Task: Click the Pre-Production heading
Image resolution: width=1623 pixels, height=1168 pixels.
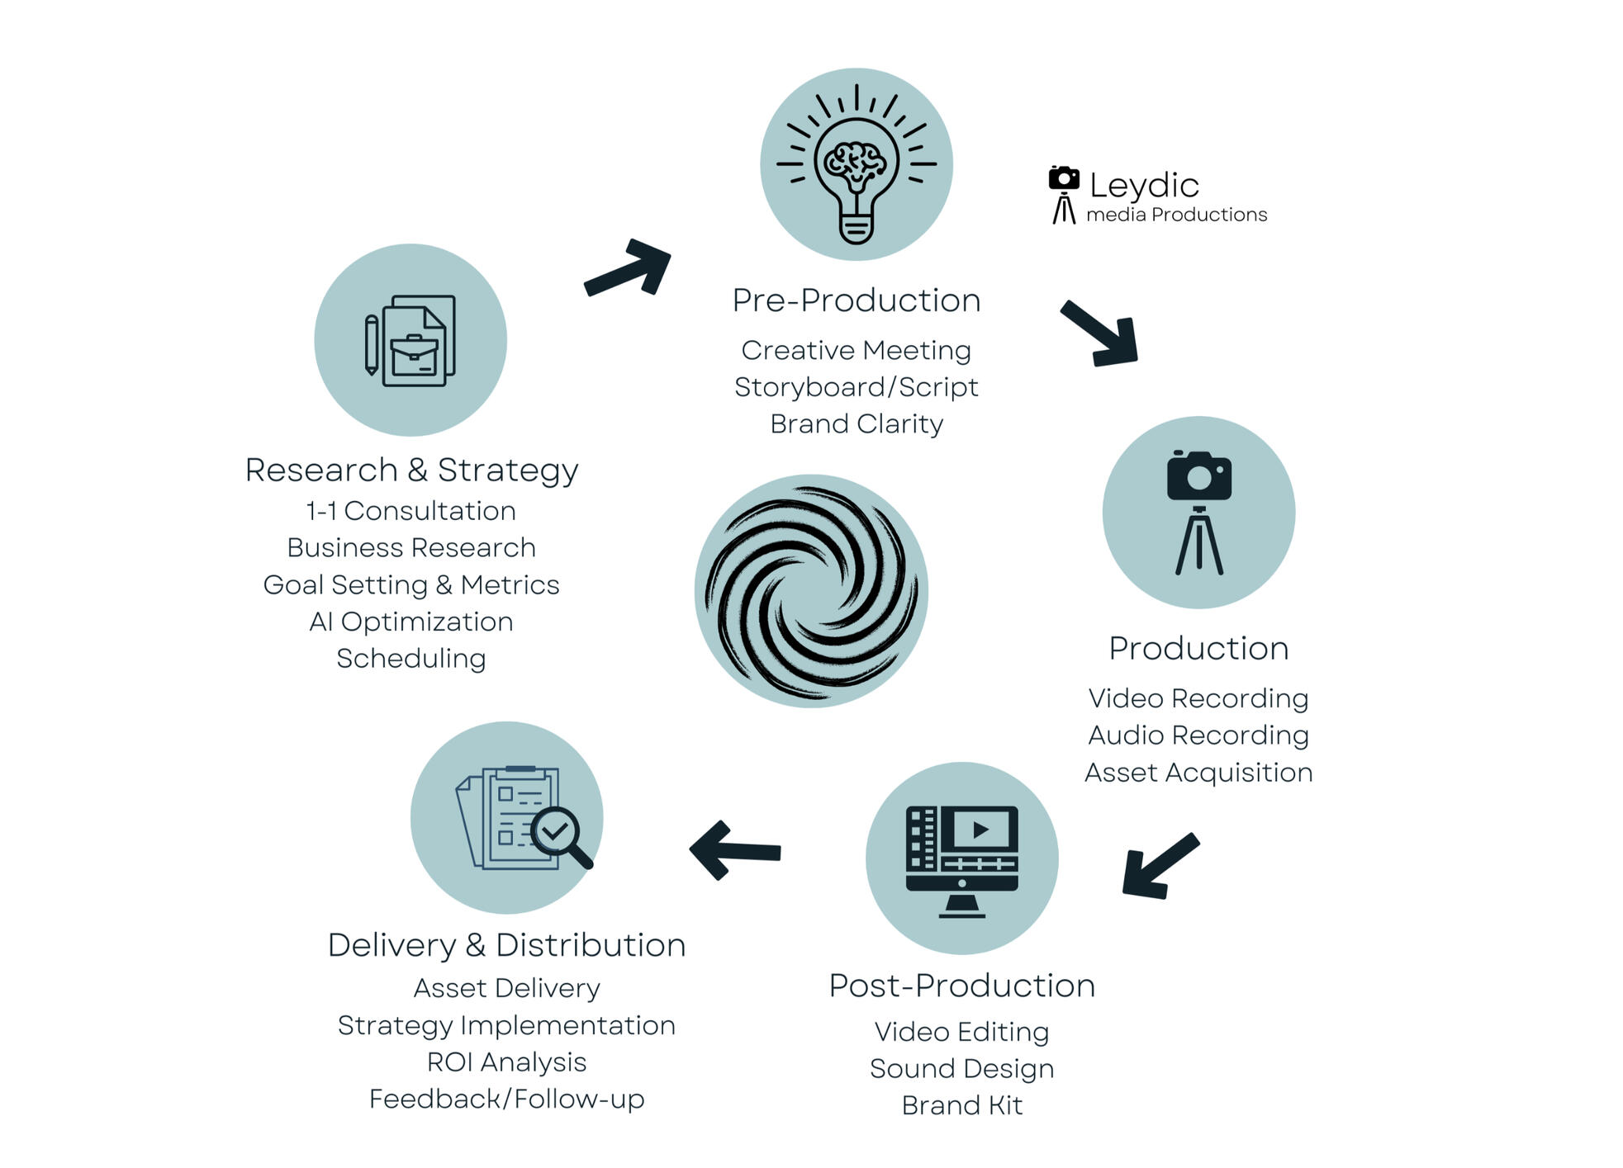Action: [856, 300]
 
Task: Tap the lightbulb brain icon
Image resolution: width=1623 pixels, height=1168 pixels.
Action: [856, 164]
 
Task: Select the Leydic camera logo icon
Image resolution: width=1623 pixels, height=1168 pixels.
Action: [1064, 195]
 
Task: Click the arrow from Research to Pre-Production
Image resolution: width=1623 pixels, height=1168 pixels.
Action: [629, 267]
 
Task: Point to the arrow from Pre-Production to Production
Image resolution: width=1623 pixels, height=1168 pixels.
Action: [1101, 333]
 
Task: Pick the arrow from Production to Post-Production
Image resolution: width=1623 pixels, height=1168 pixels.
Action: [1158, 866]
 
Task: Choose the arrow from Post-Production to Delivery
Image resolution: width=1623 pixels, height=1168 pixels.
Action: [733, 849]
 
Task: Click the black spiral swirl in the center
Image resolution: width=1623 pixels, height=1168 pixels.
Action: [811, 591]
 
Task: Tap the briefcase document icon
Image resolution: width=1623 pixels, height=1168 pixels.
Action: [410, 340]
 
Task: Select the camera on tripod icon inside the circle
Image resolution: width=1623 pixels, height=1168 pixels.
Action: [1198, 513]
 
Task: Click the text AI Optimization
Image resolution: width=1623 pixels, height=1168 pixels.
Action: [411, 622]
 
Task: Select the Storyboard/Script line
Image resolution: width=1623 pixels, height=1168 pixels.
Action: [856, 387]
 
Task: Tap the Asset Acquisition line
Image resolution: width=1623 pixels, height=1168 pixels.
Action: [1198, 773]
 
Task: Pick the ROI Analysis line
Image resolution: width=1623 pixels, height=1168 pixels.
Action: [506, 1062]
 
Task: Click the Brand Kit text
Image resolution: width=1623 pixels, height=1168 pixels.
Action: [961, 1105]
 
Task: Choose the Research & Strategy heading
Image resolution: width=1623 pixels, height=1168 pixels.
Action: [411, 470]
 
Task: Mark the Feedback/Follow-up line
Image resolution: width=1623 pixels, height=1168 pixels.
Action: [506, 1099]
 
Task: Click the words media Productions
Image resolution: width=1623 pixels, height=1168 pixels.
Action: [1176, 215]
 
